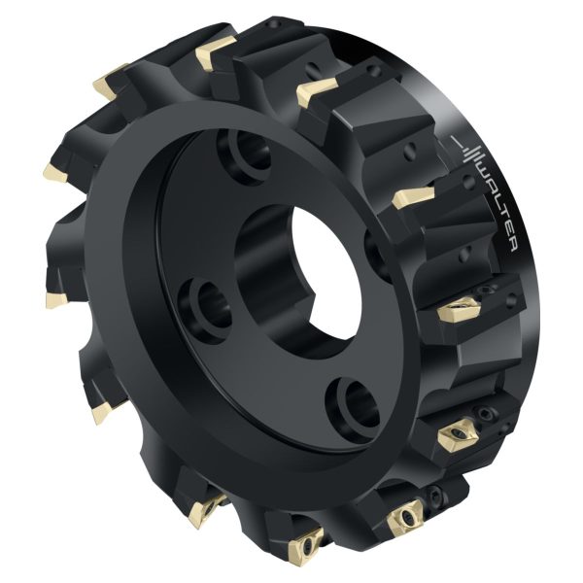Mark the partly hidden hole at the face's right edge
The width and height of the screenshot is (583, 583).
pyautogui.click(x=374, y=253)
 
